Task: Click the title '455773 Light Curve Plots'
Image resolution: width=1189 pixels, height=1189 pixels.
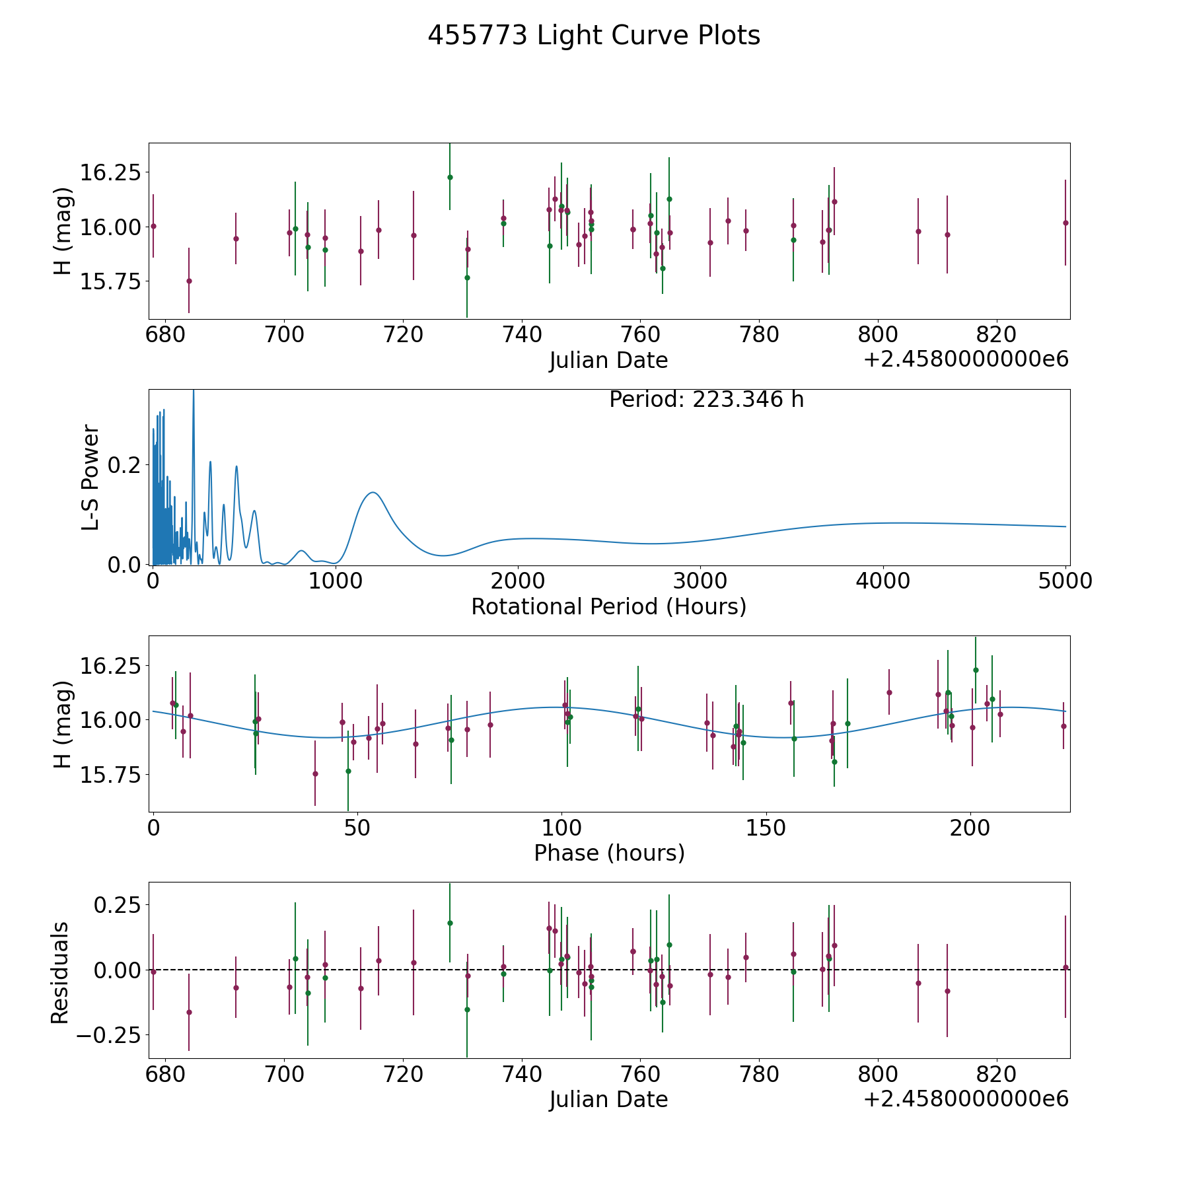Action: pos(594,36)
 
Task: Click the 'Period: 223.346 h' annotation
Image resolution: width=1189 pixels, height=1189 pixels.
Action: pos(706,400)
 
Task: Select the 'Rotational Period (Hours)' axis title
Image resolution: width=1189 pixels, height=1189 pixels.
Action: pos(608,606)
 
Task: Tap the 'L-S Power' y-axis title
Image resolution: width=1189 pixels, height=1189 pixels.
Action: pos(90,477)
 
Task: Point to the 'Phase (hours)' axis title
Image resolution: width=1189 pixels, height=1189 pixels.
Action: pos(609,853)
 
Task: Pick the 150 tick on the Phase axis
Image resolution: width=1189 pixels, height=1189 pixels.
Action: pos(766,828)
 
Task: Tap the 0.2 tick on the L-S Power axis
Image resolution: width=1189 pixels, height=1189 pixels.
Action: pos(124,465)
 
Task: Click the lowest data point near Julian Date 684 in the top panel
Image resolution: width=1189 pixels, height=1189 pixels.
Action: pos(189,281)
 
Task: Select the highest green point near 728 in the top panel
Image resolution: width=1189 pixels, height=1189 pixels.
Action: pos(450,177)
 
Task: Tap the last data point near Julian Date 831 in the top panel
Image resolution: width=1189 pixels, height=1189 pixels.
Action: pos(1065,223)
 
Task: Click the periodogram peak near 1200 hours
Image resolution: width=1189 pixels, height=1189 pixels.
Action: pos(373,492)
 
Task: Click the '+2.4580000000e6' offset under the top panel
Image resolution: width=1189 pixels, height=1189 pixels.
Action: pos(966,359)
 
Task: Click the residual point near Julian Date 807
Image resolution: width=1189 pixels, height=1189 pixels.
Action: pos(918,983)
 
